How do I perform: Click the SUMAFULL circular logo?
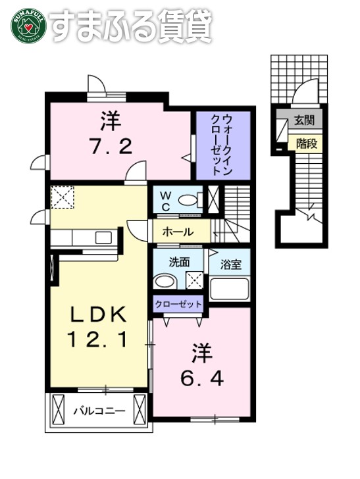click(27, 26)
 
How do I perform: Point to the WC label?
click(167, 201)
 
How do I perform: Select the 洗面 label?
click(179, 261)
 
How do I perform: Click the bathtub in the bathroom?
click(229, 289)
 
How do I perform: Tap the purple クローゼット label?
click(178, 305)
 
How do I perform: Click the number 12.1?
click(99, 340)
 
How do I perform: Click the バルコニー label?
click(98, 411)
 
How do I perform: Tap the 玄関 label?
click(303, 120)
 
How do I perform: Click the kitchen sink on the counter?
click(103, 237)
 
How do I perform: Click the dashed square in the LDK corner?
click(63, 197)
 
